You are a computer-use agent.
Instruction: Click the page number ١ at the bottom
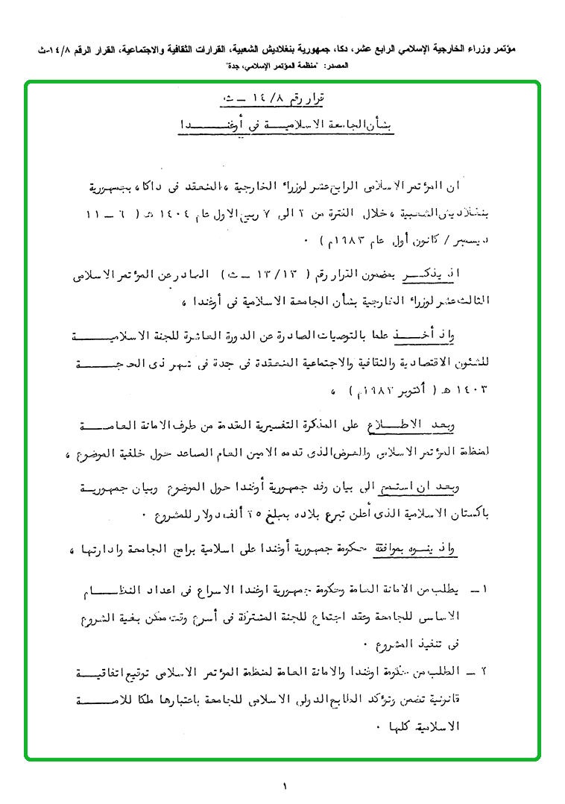tap(284, 784)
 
